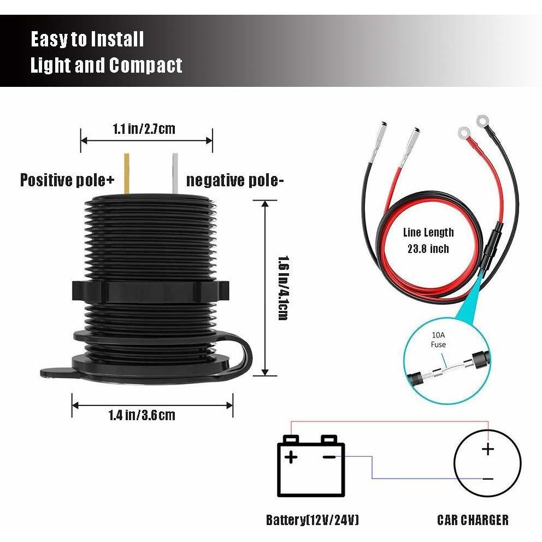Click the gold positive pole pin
tap(127, 173)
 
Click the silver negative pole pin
tap(175, 173)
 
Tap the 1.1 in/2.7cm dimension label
tap(144, 129)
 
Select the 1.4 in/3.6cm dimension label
tap(142, 415)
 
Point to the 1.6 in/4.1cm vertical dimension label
tap(284, 288)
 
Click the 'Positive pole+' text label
tap(67, 180)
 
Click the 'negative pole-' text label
tap(235, 180)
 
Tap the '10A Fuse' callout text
tap(438, 339)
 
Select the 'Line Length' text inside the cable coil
tap(428, 232)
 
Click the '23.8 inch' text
tap(428, 249)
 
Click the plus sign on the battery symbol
tap(291, 457)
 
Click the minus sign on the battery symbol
tap(329, 457)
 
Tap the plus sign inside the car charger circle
tap(488, 449)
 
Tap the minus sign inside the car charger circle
tap(488, 479)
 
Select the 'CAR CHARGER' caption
tap(473, 520)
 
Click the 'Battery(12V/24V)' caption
tap(313, 520)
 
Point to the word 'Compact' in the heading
tap(145, 66)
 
